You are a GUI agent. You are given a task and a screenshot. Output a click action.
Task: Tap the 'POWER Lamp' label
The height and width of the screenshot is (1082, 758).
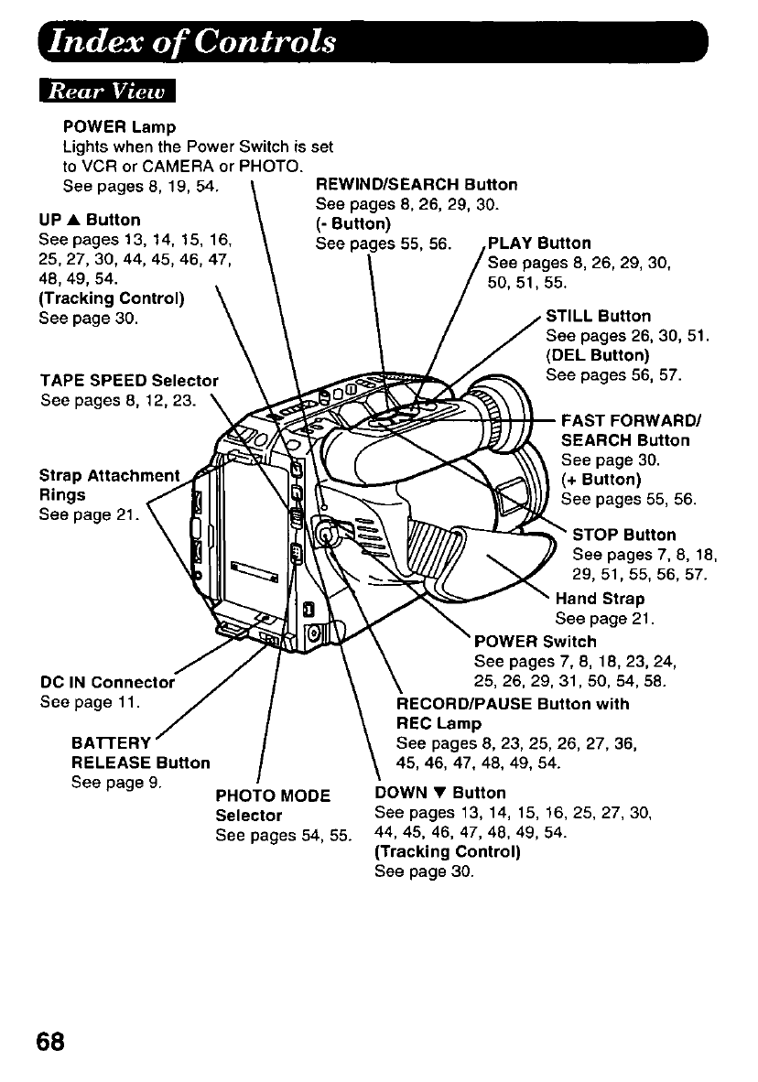[x=119, y=125]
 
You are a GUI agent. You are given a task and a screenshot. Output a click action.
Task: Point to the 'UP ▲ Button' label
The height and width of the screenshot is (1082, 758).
[x=90, y=220]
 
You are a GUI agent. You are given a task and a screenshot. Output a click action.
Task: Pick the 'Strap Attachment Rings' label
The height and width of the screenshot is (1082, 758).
[x=109, y=485]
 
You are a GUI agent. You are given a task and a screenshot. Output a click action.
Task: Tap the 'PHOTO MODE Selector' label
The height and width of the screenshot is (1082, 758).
[x=272, y=806]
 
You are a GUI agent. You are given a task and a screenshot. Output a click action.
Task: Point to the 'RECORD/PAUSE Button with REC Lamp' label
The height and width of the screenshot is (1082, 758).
[x=513, y=714]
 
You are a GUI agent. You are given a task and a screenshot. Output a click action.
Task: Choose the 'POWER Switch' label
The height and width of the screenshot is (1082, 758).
[x=535, y=641]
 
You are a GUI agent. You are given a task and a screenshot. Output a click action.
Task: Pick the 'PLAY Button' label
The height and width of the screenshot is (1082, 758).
[x=540, y=243]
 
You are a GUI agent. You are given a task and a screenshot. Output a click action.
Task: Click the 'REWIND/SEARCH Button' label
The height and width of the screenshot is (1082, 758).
[x=416, y=185]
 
